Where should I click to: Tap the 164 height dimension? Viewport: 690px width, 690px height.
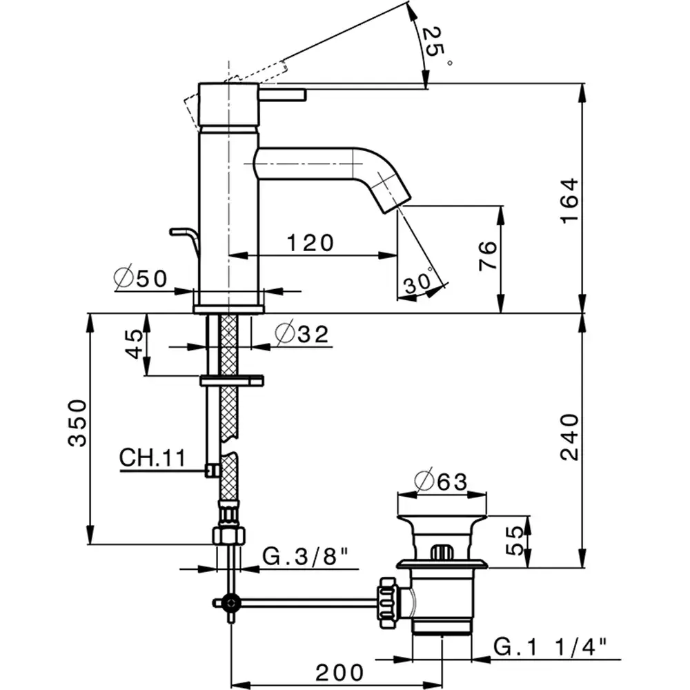567,200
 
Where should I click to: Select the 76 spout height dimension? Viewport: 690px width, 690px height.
486,257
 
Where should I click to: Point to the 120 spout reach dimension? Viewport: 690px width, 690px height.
310,242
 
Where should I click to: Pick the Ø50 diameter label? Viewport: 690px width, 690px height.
141,279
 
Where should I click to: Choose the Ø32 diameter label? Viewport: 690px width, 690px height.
302,335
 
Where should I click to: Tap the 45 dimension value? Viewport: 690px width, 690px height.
135,342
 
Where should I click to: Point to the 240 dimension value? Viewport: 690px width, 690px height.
567,436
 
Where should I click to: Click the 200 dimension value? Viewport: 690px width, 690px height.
339,671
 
